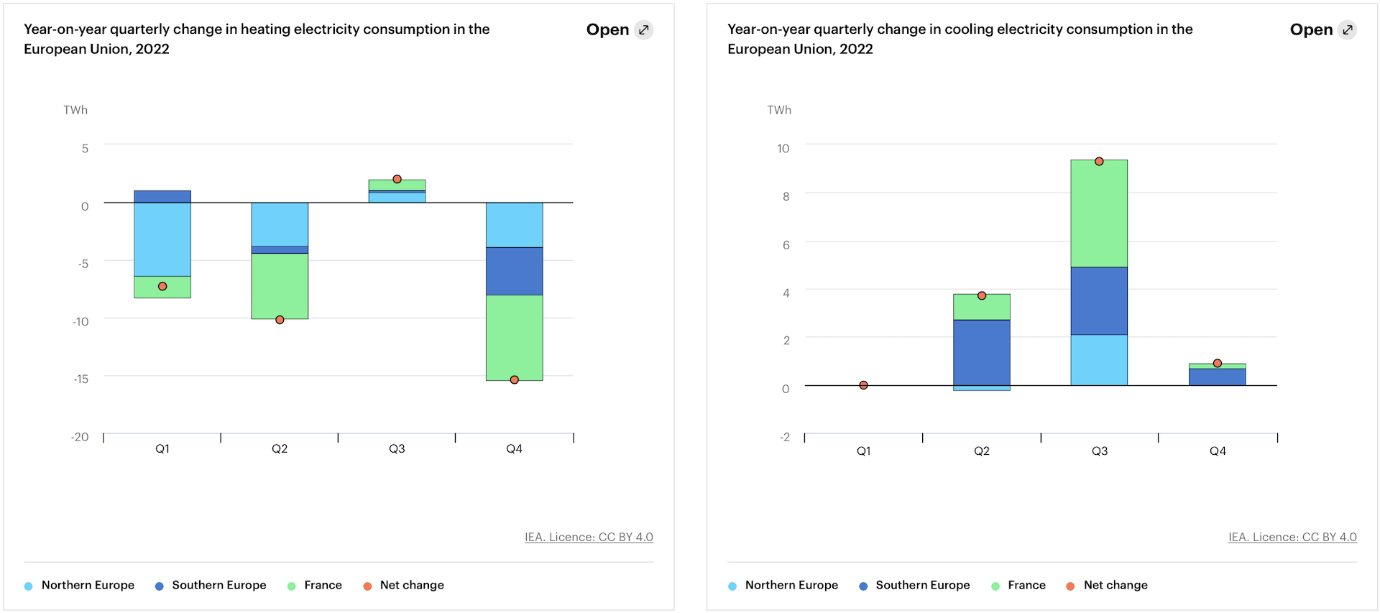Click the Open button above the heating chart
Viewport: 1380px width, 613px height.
click(x=619, y=30)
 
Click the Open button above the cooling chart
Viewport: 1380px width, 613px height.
click(x=1322, y=30)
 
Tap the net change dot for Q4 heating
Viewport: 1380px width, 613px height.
click(x=515, y=379)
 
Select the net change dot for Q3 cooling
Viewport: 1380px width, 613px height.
click(x=1099, y=162)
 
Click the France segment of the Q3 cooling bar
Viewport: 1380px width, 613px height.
click(x=1099, y=213)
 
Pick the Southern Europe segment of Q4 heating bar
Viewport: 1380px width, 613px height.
click(x=515, y=271)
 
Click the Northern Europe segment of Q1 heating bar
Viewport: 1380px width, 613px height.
click(x=162, y=239)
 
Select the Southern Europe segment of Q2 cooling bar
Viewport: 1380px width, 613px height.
click(x=982, y=352)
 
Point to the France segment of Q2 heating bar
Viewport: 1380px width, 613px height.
click(x=280, y=286)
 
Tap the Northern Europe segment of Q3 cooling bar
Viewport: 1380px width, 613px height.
click(x=1099, y=360)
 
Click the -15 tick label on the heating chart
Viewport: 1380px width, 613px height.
click(x=81, y=379)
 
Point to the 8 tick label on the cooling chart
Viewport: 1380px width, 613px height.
click(x=786, y=196)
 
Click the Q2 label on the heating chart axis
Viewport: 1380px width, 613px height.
click(x=280, y=448)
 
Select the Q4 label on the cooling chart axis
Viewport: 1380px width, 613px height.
click(x=1218, y=451)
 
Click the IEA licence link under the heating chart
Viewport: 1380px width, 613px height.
click(x=589, y=537)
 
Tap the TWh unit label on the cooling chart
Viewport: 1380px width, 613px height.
click(x=779, y=110)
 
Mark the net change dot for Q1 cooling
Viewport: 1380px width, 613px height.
click(x=863, y=385)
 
